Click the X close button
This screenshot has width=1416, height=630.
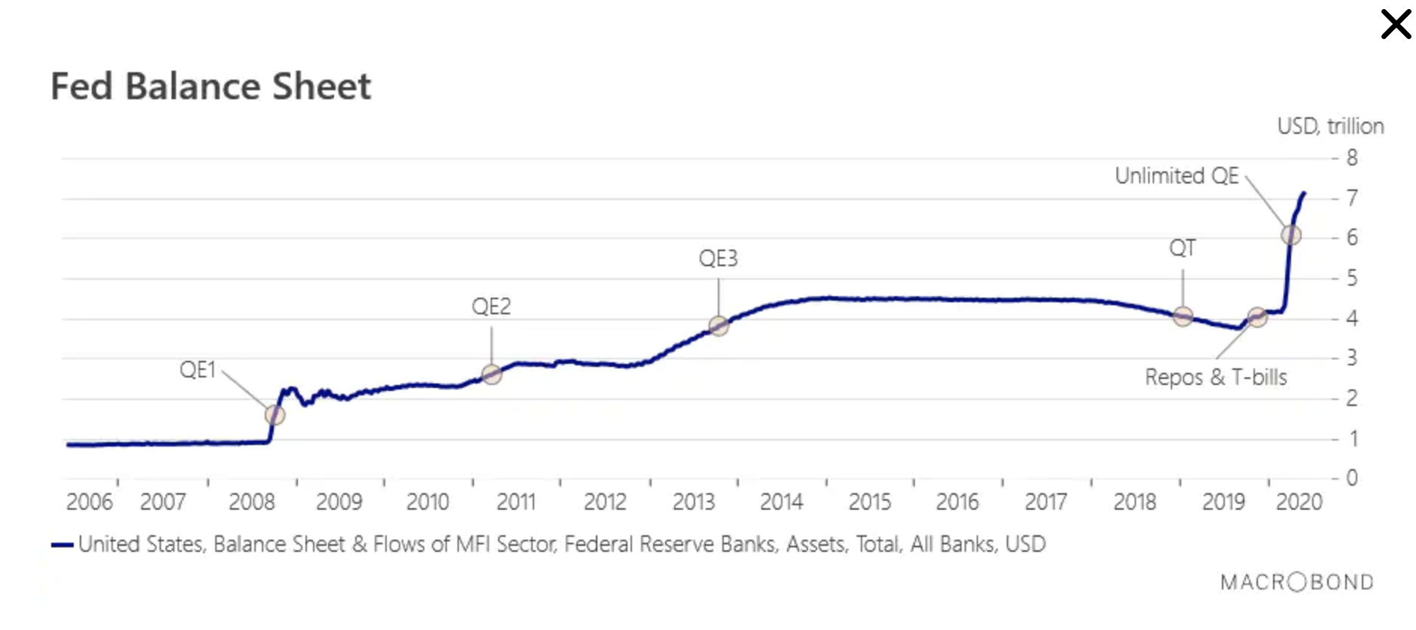[x=1396, y=24]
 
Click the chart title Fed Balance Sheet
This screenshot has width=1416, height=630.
[x=211, y=86]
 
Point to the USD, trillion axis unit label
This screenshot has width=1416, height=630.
[x=1330, y=126]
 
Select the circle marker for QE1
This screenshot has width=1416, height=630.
[x=275, y=414]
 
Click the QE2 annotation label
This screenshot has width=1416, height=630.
[x=491, y=307]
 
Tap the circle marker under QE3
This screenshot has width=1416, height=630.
[x=719, y=326]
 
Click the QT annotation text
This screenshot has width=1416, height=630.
[x=1182, y=248]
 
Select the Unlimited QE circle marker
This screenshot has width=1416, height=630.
[x=1291, y=235]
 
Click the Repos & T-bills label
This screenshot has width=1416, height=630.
[x=1216, y=377]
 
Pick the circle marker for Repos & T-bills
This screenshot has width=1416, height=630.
[x=1257, y=317]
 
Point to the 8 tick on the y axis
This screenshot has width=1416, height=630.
[x=1352, y=158]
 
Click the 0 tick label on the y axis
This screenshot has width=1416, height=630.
[x=1352, y=477]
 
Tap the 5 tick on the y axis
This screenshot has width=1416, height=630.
[x=1352, y=278]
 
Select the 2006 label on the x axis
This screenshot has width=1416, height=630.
[x=89, y=502]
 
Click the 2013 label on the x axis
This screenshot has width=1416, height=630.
[x=694, y=502]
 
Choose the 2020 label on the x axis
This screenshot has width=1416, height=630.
[x=1299, y=502]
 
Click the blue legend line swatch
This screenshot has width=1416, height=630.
[x=62, y=545]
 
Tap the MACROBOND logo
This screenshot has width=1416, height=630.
[x=1297, y=583]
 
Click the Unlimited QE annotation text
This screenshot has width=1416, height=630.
[x=1176, y=176]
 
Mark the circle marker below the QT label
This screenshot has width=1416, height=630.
[x=1183, y=317]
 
